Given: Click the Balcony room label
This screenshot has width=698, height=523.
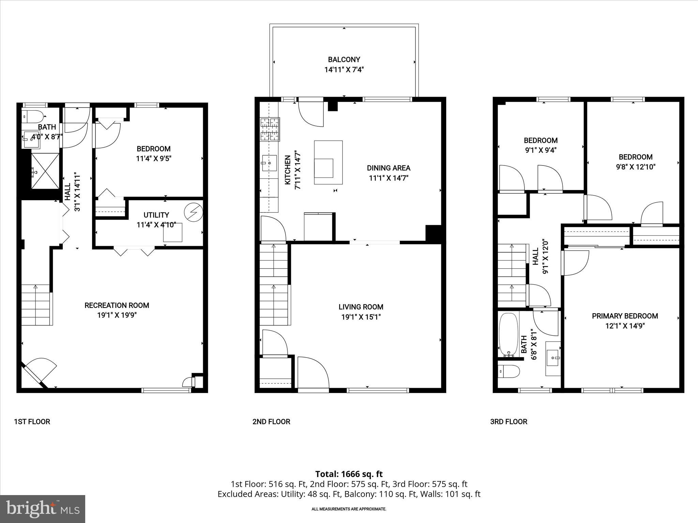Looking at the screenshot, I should coord(344,60).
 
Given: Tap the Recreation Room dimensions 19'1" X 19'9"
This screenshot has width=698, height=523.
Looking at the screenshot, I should coord(117,315).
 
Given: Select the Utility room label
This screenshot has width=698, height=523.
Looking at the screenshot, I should coord(156,215).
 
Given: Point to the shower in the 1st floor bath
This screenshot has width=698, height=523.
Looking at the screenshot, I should coord(45,171).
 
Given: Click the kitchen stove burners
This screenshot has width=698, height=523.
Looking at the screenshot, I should coord(270,129).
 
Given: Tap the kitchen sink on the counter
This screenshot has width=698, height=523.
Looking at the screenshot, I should coord(269,163).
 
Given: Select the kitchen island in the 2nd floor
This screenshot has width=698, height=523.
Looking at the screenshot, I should coord(328,163).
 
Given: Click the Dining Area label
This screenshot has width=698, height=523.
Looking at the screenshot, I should coord(389,168).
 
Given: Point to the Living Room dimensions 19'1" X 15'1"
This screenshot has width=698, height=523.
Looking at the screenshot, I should coord(361,317).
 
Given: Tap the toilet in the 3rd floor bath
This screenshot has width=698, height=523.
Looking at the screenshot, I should coord(509,371).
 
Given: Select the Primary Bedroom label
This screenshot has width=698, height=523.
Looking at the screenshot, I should coord(625,316).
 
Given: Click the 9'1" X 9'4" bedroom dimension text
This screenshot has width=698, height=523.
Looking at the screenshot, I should coord(541,150).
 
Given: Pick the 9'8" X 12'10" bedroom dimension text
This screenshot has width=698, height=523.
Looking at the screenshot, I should coord(636,167).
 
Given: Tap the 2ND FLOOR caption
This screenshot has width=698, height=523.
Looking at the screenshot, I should coord(271,422).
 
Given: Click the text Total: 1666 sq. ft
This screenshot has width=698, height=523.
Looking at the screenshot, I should coord(349,474).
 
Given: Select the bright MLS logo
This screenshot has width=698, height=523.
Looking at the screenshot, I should coord(43,509).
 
